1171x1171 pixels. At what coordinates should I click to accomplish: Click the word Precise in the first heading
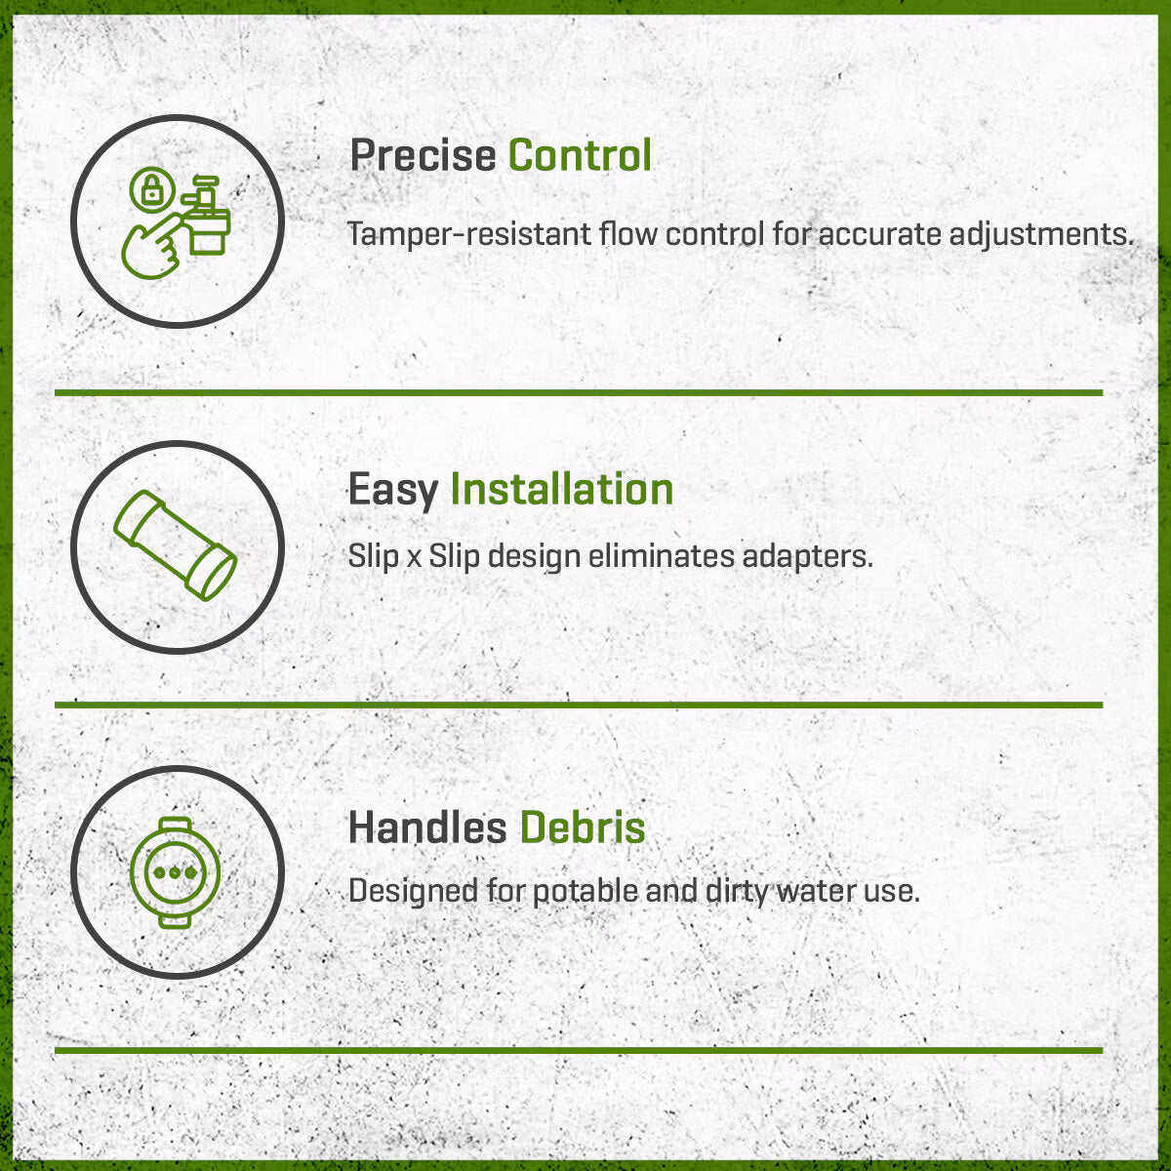tap(423, 155)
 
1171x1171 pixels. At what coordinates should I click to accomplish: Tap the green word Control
tap(580, 155)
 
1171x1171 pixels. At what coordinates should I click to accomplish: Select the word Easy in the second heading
tap(393, 491)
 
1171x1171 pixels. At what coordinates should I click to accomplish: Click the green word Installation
tap(561, 489)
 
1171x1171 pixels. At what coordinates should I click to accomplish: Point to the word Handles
tap(427, 828)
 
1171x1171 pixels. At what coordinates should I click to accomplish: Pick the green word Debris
tap(583, 828)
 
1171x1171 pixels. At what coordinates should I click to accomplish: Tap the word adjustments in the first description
tap(1041, 235)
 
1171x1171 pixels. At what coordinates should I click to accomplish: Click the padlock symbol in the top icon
tap(152, 189)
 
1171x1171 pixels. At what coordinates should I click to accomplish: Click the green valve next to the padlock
tap(206, 215)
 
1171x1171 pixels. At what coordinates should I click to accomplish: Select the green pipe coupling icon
tap(175, 545)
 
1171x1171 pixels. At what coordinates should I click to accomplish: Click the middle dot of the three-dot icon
tap(175, 873)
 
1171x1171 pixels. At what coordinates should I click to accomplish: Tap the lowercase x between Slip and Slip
tap(414, 558)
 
